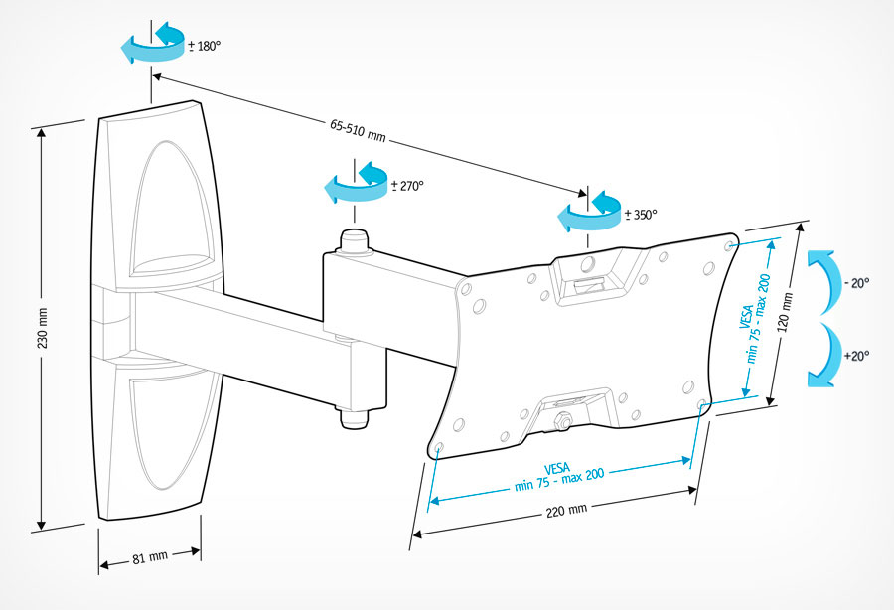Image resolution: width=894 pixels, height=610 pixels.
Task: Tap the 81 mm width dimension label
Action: click(150, 558)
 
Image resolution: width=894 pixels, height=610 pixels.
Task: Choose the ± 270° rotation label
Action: click(407, 185)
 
